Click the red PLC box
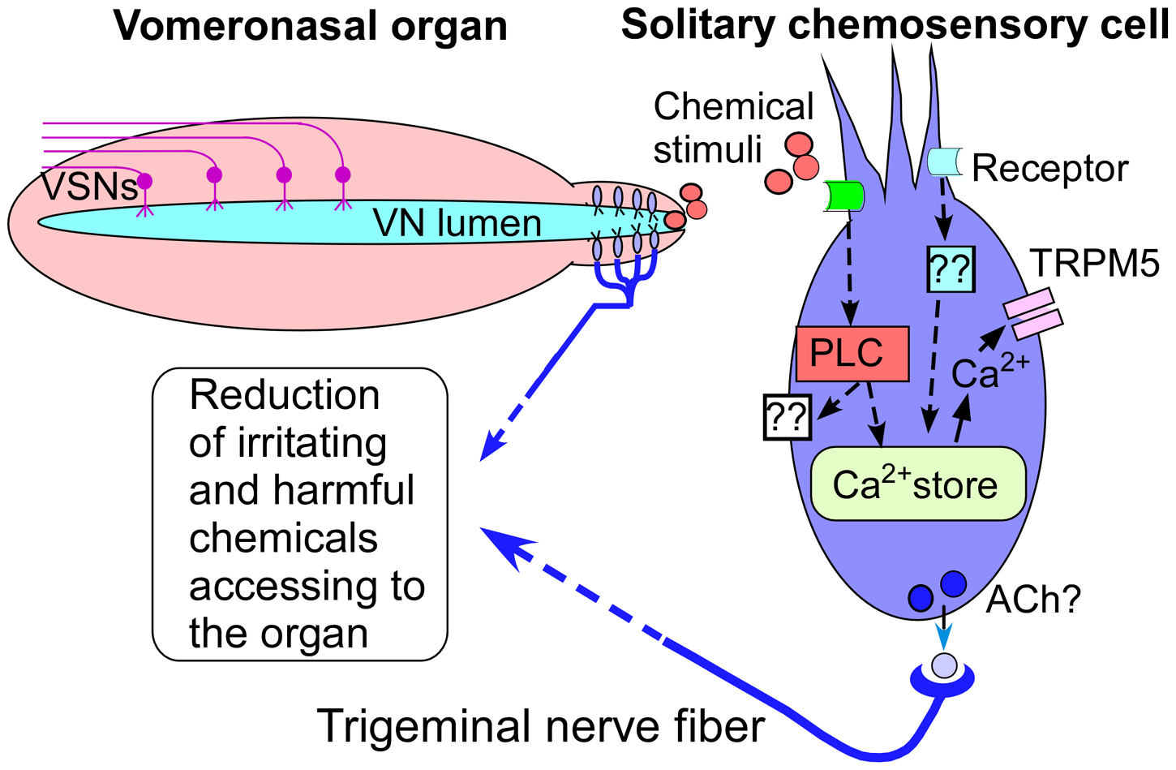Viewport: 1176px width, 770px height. [852, 354]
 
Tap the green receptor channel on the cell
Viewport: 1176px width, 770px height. [843, 196]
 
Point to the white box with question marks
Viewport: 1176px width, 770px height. [788, 417]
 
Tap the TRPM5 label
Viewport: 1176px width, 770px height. [1095, 264]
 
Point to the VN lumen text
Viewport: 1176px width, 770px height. [457, 223]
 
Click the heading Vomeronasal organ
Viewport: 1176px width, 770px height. [311, 25]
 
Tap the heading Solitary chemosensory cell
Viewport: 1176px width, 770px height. [895, 25]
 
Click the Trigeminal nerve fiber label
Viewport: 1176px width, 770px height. [540, 725]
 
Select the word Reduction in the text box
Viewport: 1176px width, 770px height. [284, 395]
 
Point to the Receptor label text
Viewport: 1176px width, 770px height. [1049, 169]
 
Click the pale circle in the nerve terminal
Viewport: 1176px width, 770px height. [944, 665]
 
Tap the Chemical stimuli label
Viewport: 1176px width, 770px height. [732, 128]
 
